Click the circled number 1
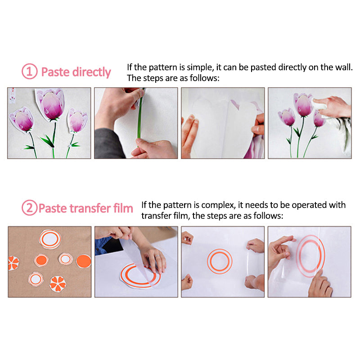[x=30, y=72]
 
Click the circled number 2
[x=30, y=207]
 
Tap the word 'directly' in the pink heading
[x=92, y=72]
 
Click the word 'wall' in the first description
[x=344, y=67]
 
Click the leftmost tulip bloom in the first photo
[x=22, y=120]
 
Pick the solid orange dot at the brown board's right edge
[x=84, y=261]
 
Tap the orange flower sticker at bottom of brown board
[x=58, y=284]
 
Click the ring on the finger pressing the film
[x=157, y=256]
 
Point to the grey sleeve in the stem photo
[x=108, y=144]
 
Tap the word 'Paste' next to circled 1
[x=55, y=72]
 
